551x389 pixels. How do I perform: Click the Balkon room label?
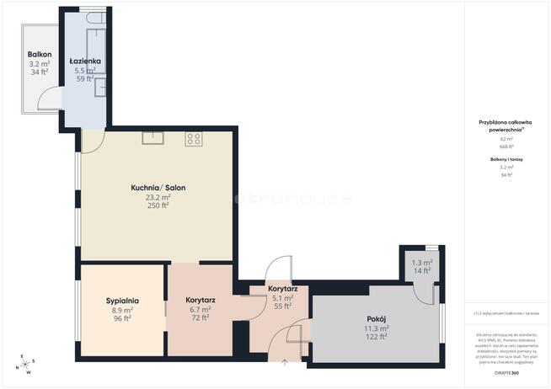[x=39, y=53]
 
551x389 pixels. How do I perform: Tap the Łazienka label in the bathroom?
[x=85, y=61]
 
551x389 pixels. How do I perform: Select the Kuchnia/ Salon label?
[x=158, y=187]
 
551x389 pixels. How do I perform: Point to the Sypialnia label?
[x=122, y=300]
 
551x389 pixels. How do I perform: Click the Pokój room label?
[x=375, y=318]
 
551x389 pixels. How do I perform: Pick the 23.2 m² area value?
[x=158, y=197]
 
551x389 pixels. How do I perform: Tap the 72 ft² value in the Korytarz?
[x=201, y=318]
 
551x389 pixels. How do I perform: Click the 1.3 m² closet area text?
[x=421, y=262]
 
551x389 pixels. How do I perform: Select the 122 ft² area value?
[x=375, y=337]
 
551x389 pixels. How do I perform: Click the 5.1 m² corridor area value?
[x=282, y=297]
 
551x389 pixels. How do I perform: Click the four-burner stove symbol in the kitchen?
[x=195, y=139]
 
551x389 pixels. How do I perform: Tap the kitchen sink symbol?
[x=152, y=138]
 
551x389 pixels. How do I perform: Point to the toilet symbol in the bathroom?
[x=100, y=83]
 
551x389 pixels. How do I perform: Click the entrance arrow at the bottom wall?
[x=284, y=363]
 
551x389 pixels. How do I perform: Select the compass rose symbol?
[x=25, y=364]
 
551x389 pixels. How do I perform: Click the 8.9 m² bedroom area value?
[x=122, y=309]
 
